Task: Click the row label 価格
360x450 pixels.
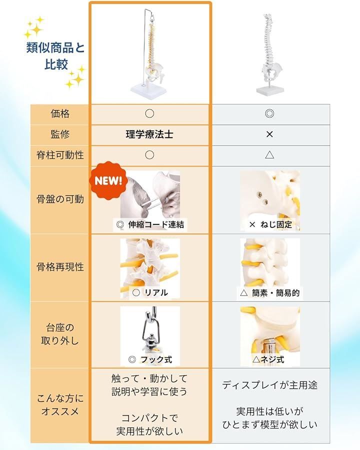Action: [60, 114]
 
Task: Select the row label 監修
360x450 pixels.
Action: [60, 134]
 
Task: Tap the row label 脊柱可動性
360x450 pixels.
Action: [60, 155]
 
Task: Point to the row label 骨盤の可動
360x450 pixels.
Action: [60, 199]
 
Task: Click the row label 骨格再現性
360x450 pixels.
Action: [60, 267]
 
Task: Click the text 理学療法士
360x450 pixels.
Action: [149, 134]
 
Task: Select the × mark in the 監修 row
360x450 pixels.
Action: [269, 134]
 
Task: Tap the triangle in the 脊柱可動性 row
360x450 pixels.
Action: [269, 155]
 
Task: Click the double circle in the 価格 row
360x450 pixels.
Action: [269, 113]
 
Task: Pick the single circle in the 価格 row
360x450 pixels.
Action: [149, 113]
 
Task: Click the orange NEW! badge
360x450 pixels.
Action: [108, 180]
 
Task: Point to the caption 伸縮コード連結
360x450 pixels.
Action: [156, 224]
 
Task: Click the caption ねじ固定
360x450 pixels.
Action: [276, 224]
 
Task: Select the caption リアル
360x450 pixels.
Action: [156, 292]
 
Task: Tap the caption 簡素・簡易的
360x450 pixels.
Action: [276, 292]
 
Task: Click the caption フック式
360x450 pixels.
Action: [156, 359]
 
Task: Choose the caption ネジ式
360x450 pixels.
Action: [272, 359]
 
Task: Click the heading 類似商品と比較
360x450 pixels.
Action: [55, 55]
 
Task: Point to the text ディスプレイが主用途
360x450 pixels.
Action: [269, 385]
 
